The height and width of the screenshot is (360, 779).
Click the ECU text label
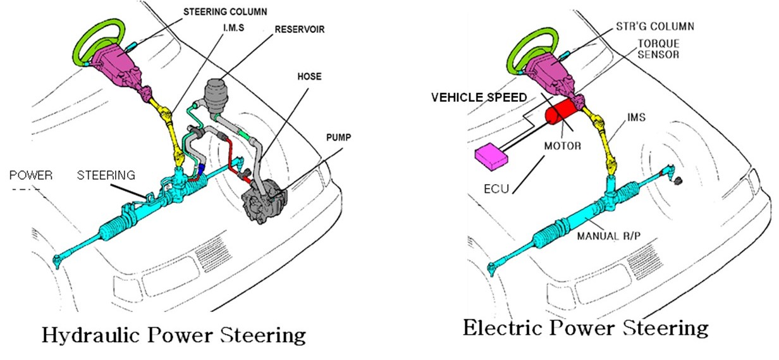[x=496, y=189]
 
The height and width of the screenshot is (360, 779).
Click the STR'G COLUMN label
[x=654, y=26]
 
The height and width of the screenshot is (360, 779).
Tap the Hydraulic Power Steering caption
[x=174, y=333]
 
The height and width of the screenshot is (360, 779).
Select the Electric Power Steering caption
[x=586, y=328]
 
